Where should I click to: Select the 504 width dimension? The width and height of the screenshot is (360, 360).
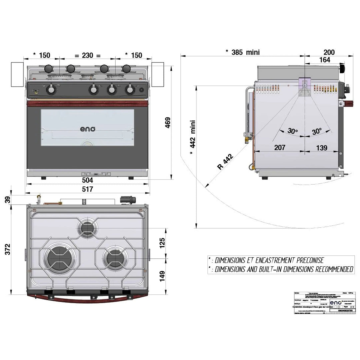click(88, 180)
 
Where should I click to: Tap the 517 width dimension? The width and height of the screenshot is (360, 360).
click(88, 189)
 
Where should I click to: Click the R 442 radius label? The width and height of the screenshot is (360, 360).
click(226, 162)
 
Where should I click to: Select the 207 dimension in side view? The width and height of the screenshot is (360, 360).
click(279, 148)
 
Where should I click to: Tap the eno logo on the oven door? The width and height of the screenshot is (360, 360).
click(87, 129)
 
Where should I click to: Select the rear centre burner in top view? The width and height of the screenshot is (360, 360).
click(88, 228)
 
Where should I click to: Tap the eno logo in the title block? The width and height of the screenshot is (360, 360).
click(335, 302)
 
